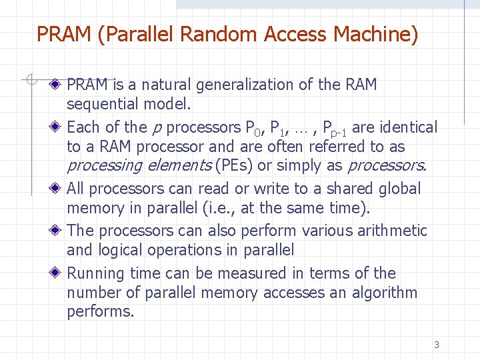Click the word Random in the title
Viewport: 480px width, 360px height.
pyautogui.click(x=223, y=33)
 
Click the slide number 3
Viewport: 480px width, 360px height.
pyautogui.click(x=437, y=345)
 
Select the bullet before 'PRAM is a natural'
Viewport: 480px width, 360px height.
pyautogui.click(x=59, y=85)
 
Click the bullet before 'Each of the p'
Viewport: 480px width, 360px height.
pyautogui.click(x=59, y=127)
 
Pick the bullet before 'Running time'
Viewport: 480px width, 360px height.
pyautogui.click(x=59, y=273)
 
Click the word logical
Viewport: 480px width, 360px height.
pyautogui.click(x=124, y=251)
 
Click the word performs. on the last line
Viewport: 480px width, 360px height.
pyautogui.click(x=101, y=312)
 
